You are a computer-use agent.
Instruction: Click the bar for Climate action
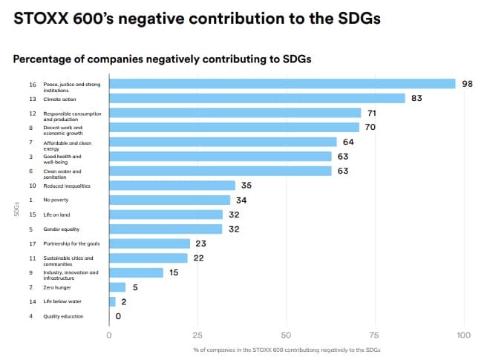257,98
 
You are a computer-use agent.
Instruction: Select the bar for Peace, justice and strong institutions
282,84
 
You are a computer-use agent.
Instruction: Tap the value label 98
467,84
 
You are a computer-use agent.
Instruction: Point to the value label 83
416,98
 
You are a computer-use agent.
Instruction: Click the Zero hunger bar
117,287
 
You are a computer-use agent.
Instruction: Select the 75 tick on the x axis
375,335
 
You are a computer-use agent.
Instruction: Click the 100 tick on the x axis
464,335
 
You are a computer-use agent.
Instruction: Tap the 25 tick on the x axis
197,335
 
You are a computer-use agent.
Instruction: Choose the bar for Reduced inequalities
172,186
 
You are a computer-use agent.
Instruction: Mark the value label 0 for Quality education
118,316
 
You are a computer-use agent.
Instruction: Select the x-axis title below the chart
287,350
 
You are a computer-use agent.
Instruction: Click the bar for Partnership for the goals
150,243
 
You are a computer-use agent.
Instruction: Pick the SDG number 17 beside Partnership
31,243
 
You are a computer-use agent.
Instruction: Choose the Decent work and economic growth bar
234,127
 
